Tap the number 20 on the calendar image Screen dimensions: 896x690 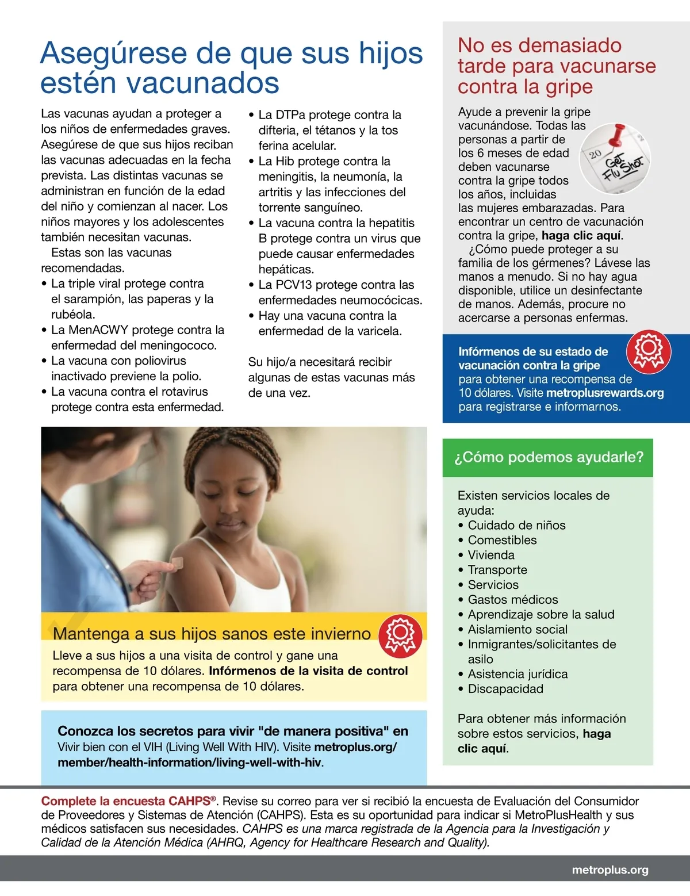coord(595,154)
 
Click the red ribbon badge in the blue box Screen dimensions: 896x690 coord(648,350)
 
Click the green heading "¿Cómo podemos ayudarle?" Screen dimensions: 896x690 coord(549,457)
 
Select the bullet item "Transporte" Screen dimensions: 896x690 coord(497,570)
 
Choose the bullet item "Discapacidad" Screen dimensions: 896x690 coord(505,689)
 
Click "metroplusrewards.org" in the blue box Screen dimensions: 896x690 coord(604,393)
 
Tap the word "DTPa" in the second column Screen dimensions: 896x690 coord(290,115)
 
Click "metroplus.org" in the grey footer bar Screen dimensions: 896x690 coord(609,870)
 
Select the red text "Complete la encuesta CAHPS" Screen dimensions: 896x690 coord(126,801)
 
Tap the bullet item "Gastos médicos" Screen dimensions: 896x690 coord(512,600)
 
